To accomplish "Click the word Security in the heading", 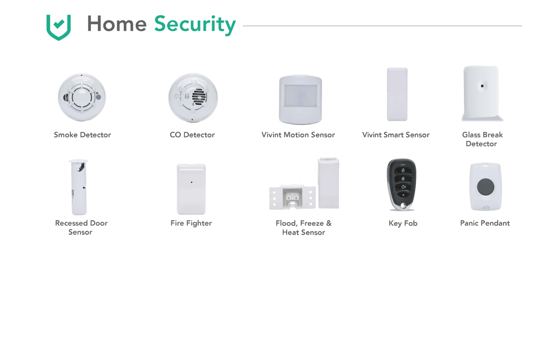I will point(195,24).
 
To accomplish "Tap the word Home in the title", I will point(117,24).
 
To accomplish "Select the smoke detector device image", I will point(82,97).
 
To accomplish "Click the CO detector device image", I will point(193,98).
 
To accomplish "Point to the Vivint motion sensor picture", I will point(300,99).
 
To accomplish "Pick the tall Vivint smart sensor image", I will point(397,94).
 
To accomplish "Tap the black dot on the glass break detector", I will point(482,86).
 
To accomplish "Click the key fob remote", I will point(402,184).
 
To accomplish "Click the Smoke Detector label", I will point(82,135).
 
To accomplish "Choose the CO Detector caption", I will point(192,135).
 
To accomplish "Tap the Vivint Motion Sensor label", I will point(298,135).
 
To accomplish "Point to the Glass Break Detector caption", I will point(482,139).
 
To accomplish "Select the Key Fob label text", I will point(403,223).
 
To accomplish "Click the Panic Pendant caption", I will point(485,223).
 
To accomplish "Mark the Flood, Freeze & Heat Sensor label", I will point(304,228).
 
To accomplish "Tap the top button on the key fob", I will point(403,170).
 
